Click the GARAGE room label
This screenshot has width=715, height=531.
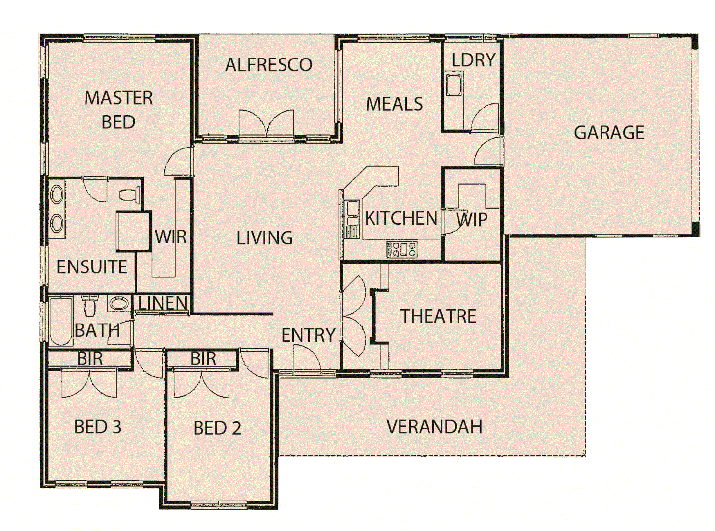click(609, 132)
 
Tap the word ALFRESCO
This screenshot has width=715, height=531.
click(268, 65)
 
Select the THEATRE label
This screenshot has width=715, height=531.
click(438, 316)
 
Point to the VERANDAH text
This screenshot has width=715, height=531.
click(434, 427)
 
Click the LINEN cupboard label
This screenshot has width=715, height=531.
click(163, 304)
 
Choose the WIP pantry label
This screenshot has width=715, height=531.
click(472, 220)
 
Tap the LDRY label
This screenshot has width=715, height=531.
click(473, 60)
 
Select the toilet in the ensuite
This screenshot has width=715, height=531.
click(130, 195)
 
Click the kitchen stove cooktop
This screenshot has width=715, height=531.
click(401, 250)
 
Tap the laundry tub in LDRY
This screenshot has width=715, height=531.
click(454, 85)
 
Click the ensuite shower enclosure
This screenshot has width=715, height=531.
click(133, 231)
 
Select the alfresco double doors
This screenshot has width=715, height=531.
click(266, 123)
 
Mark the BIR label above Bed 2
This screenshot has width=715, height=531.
click(203, 359)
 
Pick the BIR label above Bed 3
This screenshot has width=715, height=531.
click(90, 359)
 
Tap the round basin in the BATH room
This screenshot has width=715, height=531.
click(118, 303)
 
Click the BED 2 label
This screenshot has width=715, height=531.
click(217, 428)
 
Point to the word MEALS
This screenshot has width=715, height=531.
click(394, 104)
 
